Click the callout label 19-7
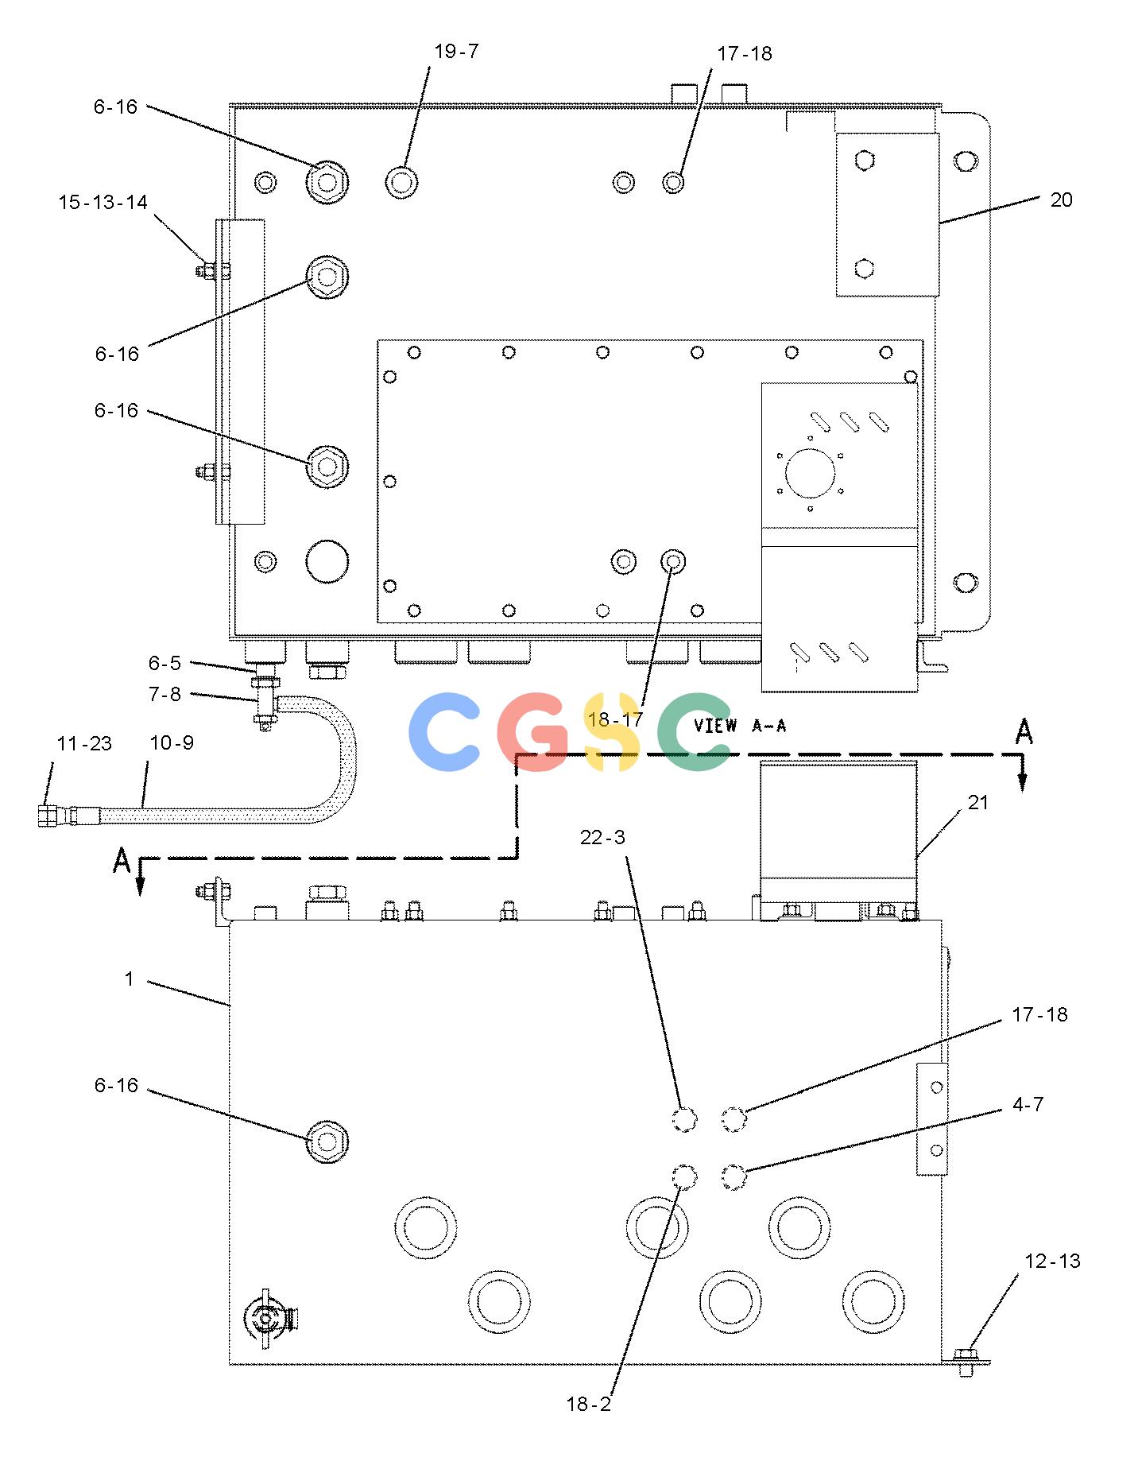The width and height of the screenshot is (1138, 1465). click(456, 52)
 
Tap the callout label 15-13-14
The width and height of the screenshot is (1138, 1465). click(103, 203)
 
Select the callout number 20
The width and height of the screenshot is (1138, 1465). click(1061, 200)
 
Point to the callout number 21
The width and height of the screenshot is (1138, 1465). click(977, 803)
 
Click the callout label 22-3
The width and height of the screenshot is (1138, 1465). click(602, 837)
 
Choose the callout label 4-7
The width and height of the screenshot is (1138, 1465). click(1028, 1104)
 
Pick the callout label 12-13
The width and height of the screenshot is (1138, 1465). click(1052, 1261)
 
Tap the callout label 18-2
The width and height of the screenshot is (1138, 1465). click(589, 1405)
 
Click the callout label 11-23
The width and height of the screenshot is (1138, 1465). click(84, 744)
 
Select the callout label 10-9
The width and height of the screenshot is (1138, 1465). click(172, 742)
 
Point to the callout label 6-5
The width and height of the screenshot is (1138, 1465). click(165, 663)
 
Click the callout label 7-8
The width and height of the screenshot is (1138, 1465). click(165, 694)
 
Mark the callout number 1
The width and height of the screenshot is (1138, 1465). click(130, 979)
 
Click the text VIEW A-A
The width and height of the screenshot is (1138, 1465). click(740, 726)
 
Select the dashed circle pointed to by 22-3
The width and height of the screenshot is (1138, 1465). click(684, 1120)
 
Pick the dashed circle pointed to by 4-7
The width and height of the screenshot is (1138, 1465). click(734, 1176)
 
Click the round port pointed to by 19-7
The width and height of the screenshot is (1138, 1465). click(402, 182)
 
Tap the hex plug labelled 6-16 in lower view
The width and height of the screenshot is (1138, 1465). click(327, 1142)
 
